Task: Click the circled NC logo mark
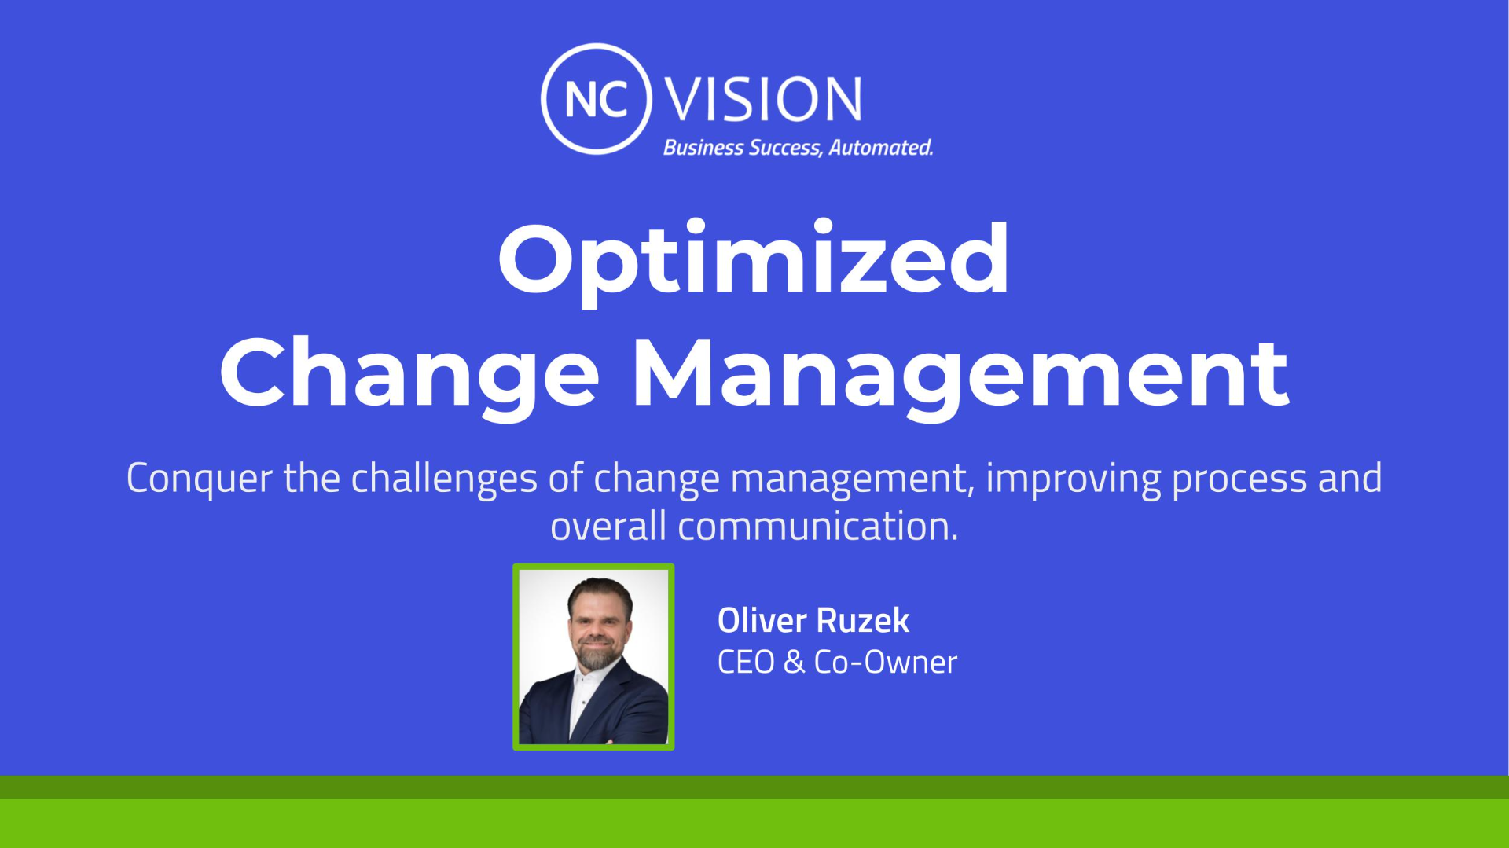[x=596, y=47]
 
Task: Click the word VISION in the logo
[x=763, y=100]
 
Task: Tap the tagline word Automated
[x=881, y=148]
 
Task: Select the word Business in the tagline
[x=703, y=148]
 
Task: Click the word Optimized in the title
[x=754, y=261]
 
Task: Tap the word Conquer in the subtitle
[x=200, y=479]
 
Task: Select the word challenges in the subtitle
[x=444, y=479]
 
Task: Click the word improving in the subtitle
[x=1073, y=479]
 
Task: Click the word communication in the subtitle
[x=818, y=526]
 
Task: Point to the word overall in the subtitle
[x=608, y=526]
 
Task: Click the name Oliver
[x=762, y=620]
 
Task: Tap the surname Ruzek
[x=862, y=620]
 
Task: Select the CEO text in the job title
[x=746, y=662]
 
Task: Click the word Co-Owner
[x=886, y=662]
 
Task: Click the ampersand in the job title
[x=795, y=662]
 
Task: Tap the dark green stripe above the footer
[x=754, y=787]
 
